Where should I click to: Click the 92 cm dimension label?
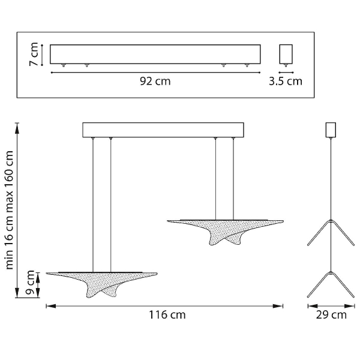pos(155,81)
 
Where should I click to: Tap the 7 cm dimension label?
pos(34,55)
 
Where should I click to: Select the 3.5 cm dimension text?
pos(286,81)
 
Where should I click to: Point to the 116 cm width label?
pos(167,314)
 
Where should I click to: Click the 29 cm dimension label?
pos(331,314)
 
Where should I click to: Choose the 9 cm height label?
pos(31,283)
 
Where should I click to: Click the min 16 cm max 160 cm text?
pos(9,210)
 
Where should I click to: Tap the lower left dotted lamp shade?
pos(102,284)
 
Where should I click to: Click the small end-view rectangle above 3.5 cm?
pos(286,54)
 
